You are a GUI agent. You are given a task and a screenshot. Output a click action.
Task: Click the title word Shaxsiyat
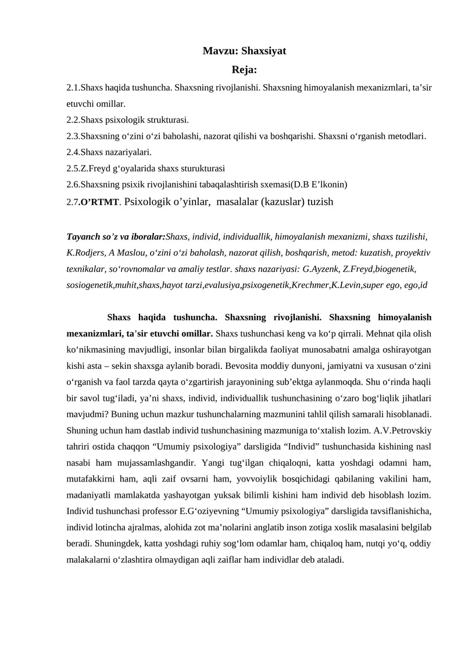point(263,51)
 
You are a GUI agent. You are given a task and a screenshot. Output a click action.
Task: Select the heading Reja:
point(244,71)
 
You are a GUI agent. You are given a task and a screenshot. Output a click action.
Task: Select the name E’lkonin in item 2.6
point(330,185)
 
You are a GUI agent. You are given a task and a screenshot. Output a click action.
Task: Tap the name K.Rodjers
point(86,253)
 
